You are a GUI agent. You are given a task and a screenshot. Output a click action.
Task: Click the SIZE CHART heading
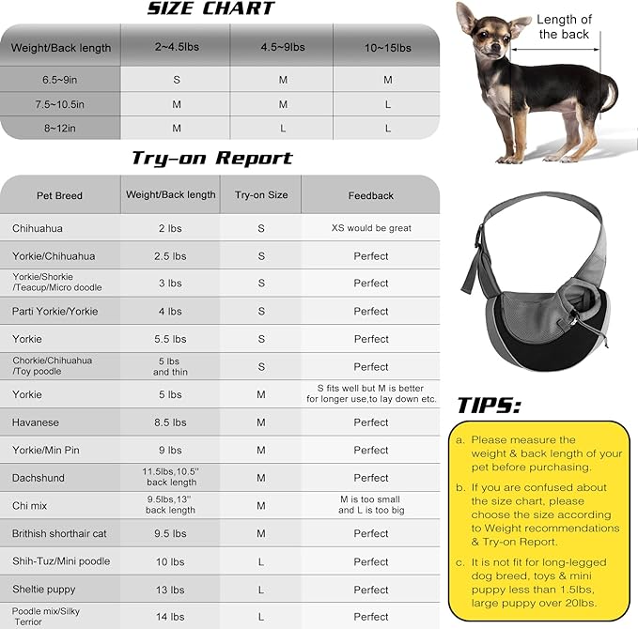coord(210,9)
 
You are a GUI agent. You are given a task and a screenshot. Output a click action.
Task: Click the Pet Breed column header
coord(60,195)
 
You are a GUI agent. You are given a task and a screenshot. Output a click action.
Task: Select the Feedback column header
coord(370,195)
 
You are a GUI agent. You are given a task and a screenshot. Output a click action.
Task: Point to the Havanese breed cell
coord(37,422)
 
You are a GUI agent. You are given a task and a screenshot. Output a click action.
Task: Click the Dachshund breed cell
coord(39,478)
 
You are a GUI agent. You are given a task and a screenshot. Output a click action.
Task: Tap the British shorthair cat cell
coord(59,533)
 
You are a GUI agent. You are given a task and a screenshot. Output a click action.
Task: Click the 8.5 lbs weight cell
coord(170,422)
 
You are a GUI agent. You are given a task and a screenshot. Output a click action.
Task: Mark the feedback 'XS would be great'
coord(370,228)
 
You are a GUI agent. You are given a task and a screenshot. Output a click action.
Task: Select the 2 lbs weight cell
coord(170,228)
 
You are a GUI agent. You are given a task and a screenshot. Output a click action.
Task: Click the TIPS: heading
coord(489,406)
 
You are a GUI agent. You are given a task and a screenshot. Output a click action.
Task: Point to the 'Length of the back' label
coord(564,26)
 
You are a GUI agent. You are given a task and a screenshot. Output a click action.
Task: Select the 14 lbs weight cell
coord(170,617)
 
